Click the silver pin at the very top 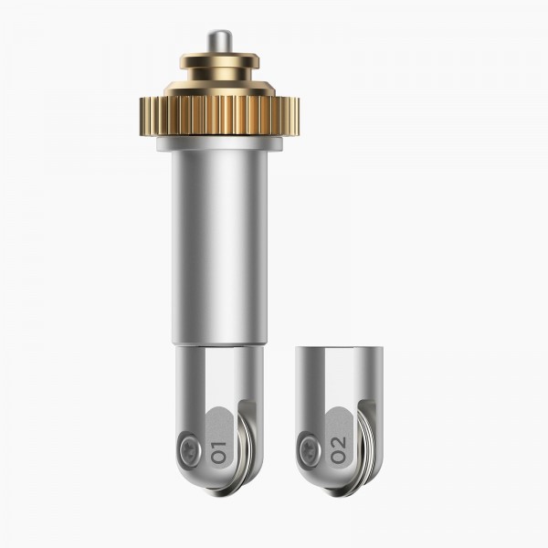pos(219,43)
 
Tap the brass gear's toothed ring pos(219,116)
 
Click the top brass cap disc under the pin pos(219,61)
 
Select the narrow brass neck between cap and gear pos(219,75)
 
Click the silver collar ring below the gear pos(219,144)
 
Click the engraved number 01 pos(219,453)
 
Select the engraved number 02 pos(339,451)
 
